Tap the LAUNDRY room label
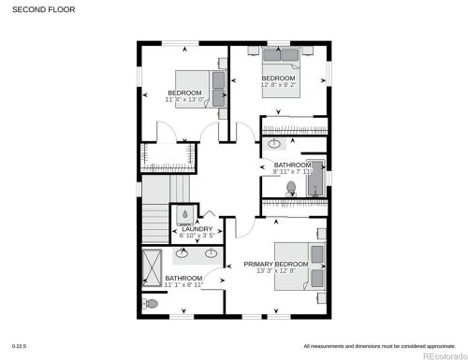pos(197,228)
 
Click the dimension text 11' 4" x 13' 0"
pos(184,99)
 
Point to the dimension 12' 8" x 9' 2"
pos(278,84)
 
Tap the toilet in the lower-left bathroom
pos(153,304)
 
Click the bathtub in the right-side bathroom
pos(316,178)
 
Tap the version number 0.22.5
pos(19,346)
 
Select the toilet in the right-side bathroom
pos(291,188)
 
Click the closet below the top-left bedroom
pos(168,156)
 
